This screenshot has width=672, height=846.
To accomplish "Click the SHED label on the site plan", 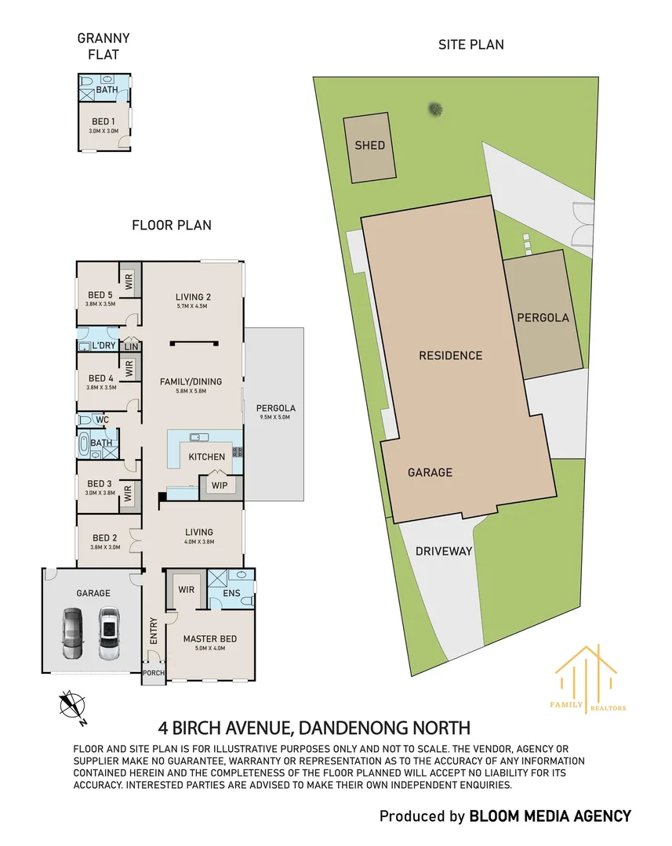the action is [x=370, y=145].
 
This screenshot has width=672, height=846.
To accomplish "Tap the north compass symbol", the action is [x=72, y=707].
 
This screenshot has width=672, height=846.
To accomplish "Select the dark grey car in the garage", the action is [x=73, y=634].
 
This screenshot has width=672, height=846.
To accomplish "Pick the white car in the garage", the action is [x=109, y=634].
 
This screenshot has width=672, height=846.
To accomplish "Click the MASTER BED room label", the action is [x=210, y=639].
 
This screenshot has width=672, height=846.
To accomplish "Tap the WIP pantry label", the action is [x=220, y=486].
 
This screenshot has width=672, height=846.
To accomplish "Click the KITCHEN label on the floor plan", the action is [x=207, y=457].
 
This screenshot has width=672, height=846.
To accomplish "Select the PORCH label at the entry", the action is [x=154, y=673].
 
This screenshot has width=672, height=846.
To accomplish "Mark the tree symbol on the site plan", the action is [x=435, y=110].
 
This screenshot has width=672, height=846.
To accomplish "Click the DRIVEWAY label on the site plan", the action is [x=444, y=551].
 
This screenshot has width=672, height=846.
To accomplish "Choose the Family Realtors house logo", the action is [x=587, y=678].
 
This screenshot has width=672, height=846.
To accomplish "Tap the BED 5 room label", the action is [x=100, y=295].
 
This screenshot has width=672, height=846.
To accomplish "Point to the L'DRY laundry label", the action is [x=104, y=345].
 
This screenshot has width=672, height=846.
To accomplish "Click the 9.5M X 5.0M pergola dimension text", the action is [x=275, y=417].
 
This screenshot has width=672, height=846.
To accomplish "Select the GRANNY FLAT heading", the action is [x=104, y=46].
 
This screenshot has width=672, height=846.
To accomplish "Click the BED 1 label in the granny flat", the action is [x=104, y=122].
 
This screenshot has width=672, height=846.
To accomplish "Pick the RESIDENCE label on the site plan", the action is [x=451, y=356].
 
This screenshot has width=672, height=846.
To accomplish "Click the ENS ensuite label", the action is [x=232, y=593].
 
